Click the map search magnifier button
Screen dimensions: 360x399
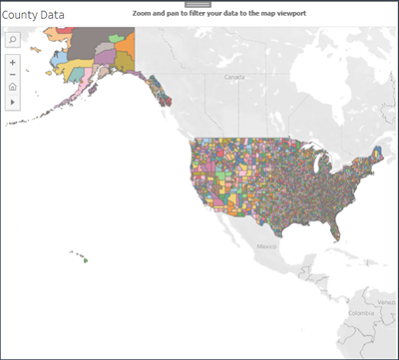(x=13, y=39)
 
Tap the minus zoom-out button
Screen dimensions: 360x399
(x=12, y=75)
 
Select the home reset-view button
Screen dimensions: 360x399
(x=12, y=88)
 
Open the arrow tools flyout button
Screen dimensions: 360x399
(x=12, y=102)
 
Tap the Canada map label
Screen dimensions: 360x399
(x=234, y=76)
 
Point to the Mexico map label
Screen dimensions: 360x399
(x=266, y=244)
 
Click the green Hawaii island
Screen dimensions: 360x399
(x=85, y=261)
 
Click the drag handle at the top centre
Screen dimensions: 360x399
(x=199, y=5)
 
